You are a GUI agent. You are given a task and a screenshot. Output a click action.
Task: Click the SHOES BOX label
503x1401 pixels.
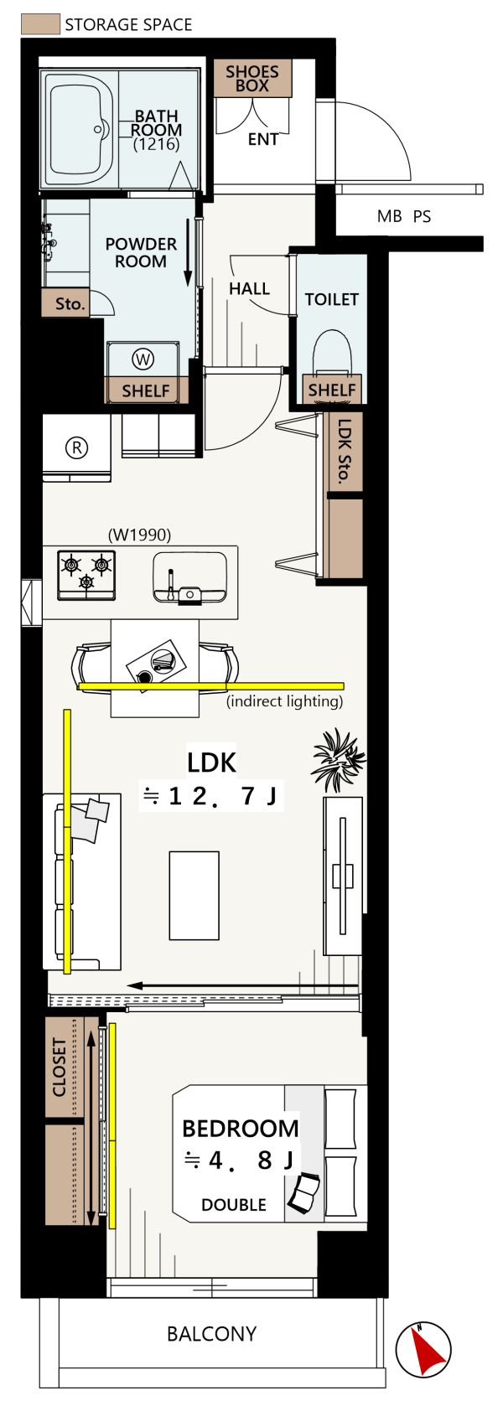[252, 79]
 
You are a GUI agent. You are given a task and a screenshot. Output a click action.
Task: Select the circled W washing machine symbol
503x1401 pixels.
[143, 359]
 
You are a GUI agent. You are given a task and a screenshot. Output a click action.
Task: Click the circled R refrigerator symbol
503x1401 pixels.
[77, 447]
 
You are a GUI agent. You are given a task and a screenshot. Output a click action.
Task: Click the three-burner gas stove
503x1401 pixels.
[86, 574]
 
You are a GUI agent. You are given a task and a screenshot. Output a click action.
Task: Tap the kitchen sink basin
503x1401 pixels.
[190, 578]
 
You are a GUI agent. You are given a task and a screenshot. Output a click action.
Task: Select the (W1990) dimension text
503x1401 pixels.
[139, 535]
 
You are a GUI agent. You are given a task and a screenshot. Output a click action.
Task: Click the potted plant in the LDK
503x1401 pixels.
[338, 759]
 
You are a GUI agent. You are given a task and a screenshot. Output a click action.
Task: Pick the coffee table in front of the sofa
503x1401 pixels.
[194, 896]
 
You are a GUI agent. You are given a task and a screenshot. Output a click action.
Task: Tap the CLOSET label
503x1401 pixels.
[60, 1068]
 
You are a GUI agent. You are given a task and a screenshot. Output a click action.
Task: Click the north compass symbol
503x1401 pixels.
[423, 1352]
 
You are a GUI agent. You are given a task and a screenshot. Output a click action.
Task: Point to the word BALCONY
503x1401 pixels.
[211, 1334]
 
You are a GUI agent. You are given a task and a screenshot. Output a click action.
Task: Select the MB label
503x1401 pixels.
[389, 216]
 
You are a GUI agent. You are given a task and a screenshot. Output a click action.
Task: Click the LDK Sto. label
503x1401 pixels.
[344, 451]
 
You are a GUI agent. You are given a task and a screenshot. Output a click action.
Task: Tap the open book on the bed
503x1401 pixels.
[304, 1192]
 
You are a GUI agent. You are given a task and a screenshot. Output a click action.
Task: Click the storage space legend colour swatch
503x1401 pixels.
[41, 24]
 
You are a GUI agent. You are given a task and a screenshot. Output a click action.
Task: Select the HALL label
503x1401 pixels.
[249, 289]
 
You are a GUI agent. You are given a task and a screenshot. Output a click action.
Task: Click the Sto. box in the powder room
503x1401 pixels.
[70, 304]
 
